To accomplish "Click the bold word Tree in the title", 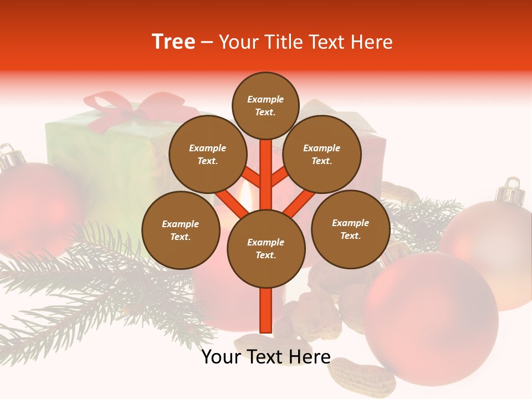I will [173, 42].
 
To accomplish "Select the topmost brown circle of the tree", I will [265, 105].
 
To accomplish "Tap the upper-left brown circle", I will [207, 155].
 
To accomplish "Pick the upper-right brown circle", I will [322, 155].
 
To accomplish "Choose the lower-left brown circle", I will [180, 231].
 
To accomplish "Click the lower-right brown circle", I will [350, 229].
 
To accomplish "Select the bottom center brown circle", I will [265, 249].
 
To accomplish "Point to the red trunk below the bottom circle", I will [265, 310].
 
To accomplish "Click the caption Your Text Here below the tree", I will [265, 357].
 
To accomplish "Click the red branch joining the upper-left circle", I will [251, 177].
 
